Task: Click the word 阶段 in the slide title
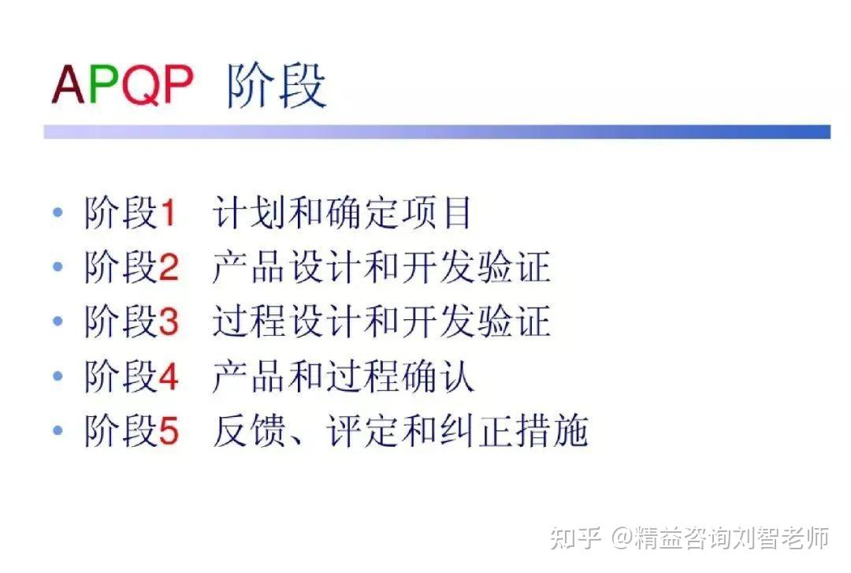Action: click(x=277, y=84)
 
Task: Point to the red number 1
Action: click(x=167, y=214)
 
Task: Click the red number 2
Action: click(x=168, y=269)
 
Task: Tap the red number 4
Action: click(x=169, y=378)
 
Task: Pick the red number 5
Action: click(x=168, y=432)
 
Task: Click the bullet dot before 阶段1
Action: click(x=57, y=213)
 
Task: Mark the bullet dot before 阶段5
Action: click(x=57, y=431)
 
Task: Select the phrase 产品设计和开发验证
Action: click(x=381, y=268)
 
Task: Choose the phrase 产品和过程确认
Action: click(x=343, y=378)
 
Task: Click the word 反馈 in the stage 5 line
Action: click(x=250, y=432)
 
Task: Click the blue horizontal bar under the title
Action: click(x=437, y=132)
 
